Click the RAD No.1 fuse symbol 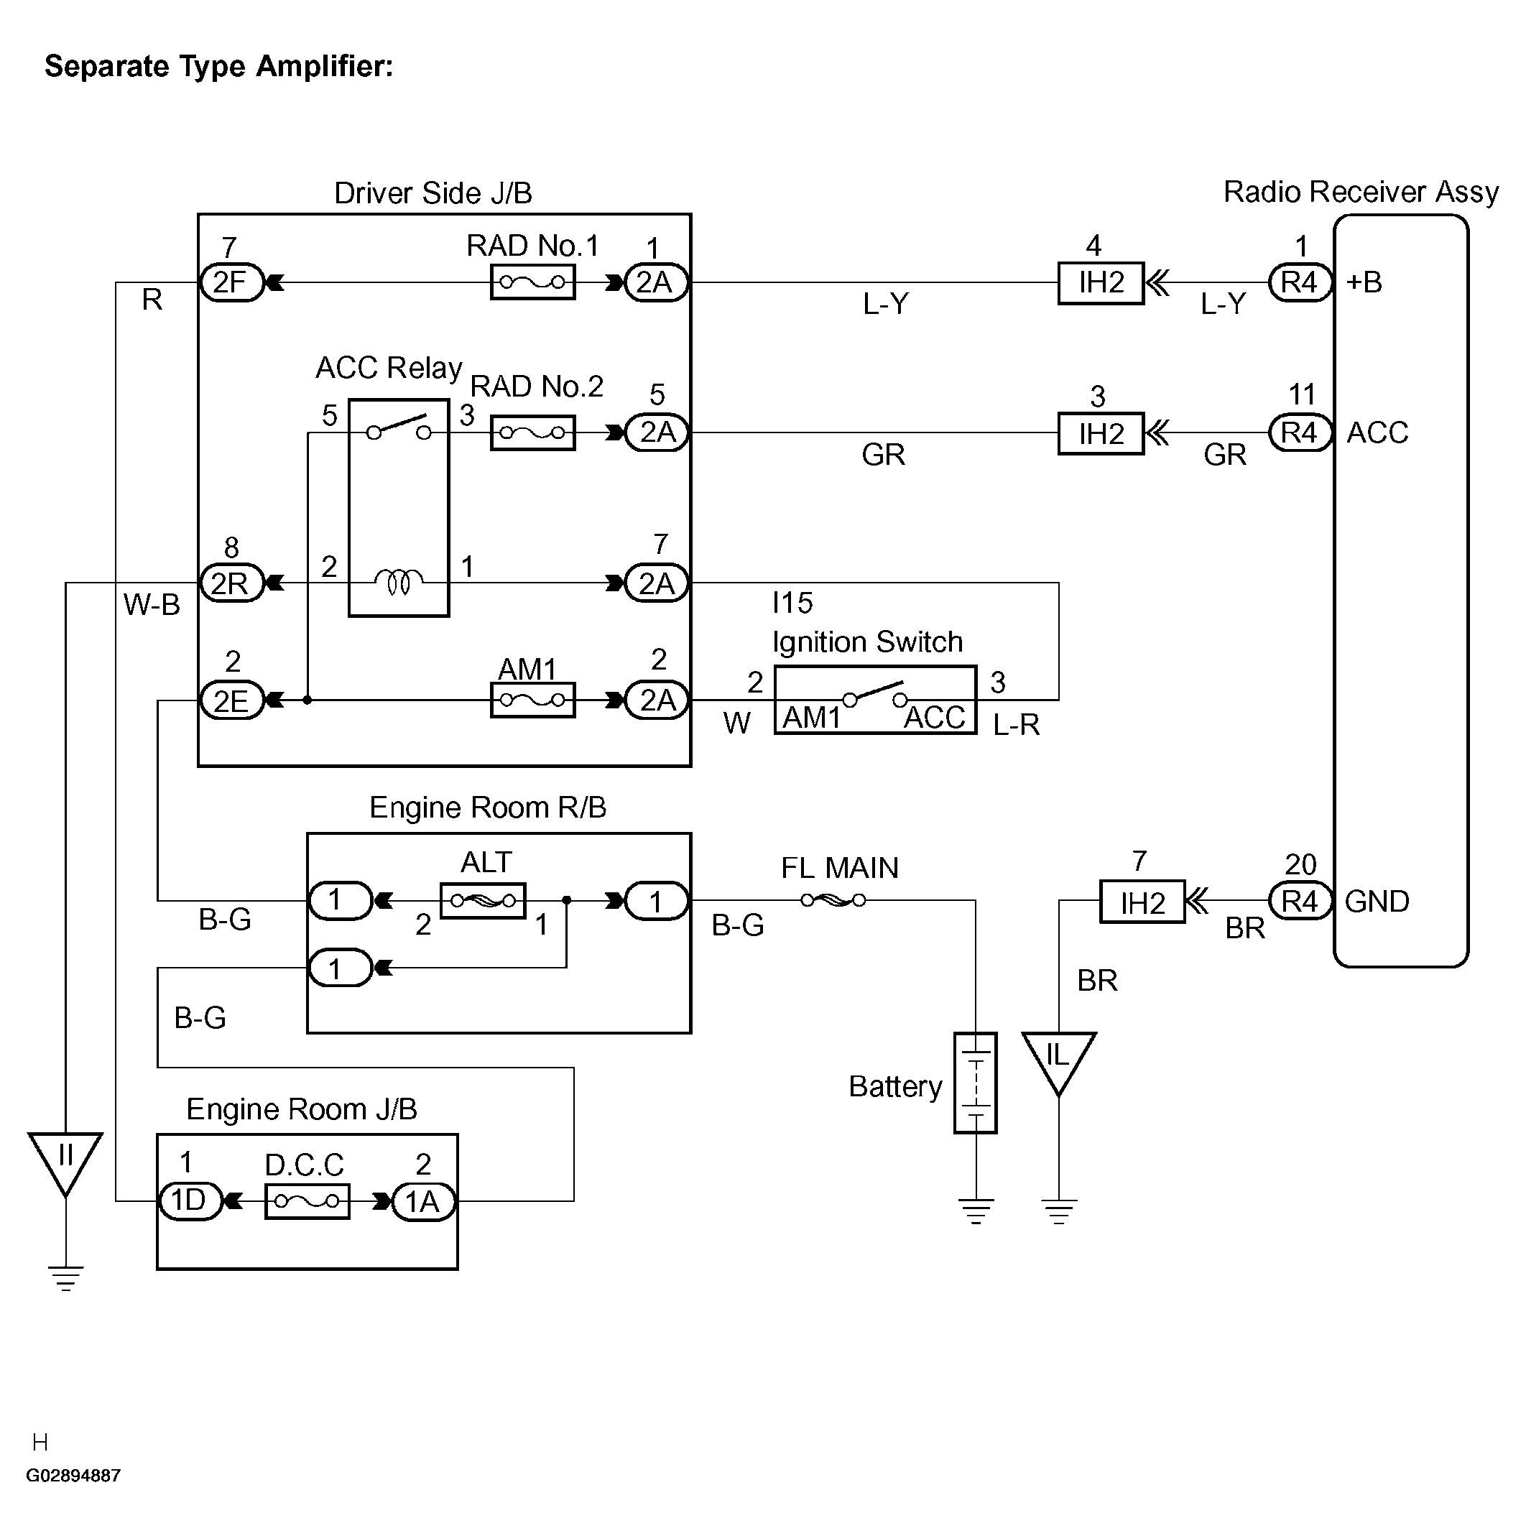pyautogui.click(x=532, y=282)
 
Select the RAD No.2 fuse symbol pyautogui.click(x=532, y=432)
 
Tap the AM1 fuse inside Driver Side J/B pyautogui.click(x=532, y=700)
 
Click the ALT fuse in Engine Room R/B pyautogui.click(x=483, y=901)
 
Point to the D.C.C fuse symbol pyautogui.click(x=307, y=1201)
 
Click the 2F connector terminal pyautogui.click(x=231, y=282)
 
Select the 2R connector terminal pyautogui.click(x=231, y=583)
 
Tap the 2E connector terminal pyautogui.click(x=231, y=700)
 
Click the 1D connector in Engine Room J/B pyautogui.click(x=189, y=1201)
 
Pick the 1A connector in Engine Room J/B pyautogui.click(x=423, y=1201)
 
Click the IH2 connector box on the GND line pyautogui.click(x=1142, y=902)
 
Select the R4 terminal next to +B pyautogui.click(x=1300, y=282)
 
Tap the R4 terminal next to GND pyautogui.click(x=1300, y=902)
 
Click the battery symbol pyautogui.click(x=975, y=1083)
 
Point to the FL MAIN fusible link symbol pyautogui.click(x=833, y=900)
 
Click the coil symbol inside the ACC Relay pyautogui.click(x=399, y=582)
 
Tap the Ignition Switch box pyautogui.click(x=875, y=700)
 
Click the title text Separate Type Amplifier pyautogui.click(x=218, y=66)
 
